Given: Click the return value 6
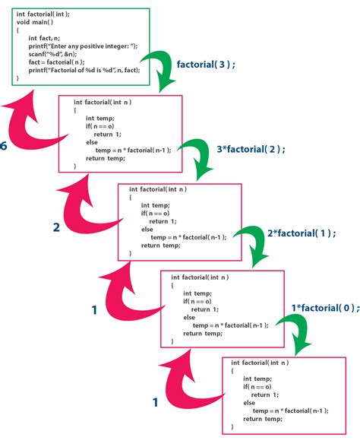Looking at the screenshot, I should coord(4,146).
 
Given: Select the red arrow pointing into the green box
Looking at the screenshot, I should coord(30,122).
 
